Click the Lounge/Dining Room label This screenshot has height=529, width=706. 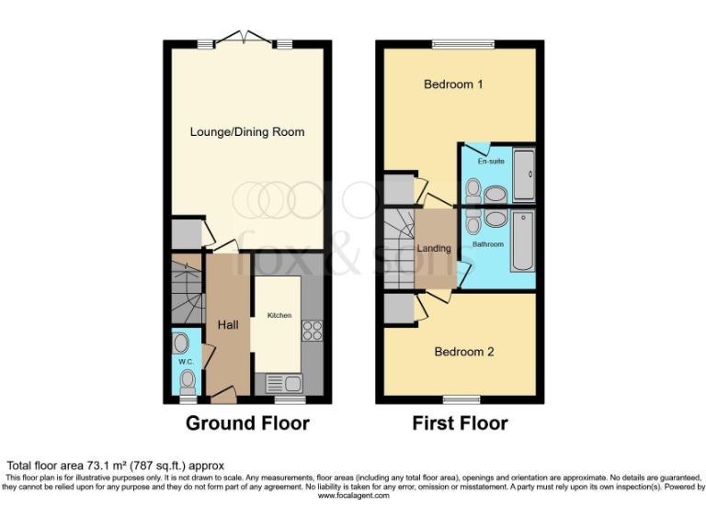(x=246, y=132)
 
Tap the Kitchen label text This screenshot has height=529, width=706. (x=279, y=315)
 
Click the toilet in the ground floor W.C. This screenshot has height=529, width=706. (x=188, y=380)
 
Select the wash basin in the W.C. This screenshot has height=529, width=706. (x=181, y=343)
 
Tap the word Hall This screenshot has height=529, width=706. (x=228, y=324)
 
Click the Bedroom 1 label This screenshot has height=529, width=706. (x=453, y=84)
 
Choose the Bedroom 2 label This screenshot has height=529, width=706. (x=464, y=352)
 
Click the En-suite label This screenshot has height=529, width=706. (x=490, y=161)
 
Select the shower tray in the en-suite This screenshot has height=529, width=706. (x=523, y=175)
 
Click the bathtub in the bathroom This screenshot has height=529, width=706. (x=522, y=242)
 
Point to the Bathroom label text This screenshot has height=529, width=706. (x=487, y=245)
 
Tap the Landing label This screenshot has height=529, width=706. (x=434, y=249)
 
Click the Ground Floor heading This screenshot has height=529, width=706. (x=247, y=423)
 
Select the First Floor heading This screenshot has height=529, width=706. (x=459, y=423)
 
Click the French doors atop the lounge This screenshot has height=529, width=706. (x=246, y=39)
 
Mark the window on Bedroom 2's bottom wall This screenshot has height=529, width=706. (x=461, y=400)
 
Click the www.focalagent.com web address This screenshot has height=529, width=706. (x=353, y=496)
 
